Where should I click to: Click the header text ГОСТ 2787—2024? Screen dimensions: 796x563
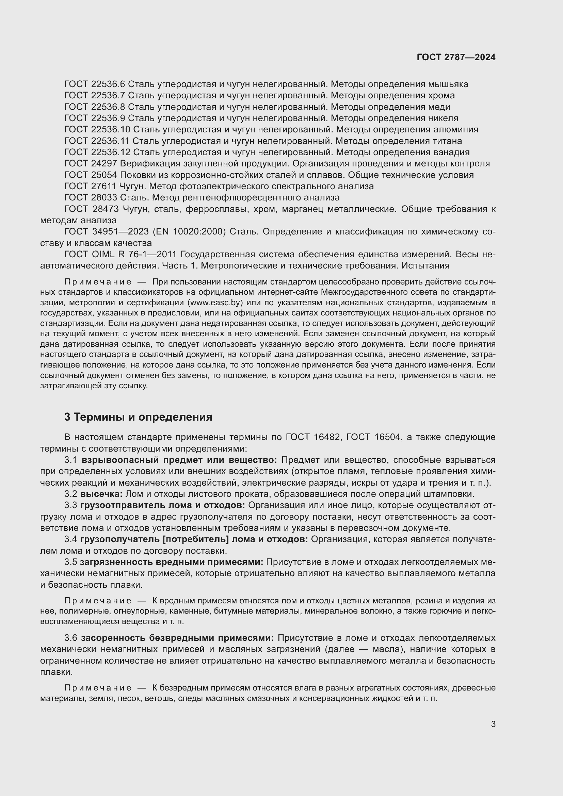(x=456, y=57)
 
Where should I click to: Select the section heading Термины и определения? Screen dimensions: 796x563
(x=143, y=417)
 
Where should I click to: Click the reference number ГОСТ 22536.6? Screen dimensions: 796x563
(x=95, y=84)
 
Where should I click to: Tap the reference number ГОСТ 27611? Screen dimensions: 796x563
(x=91, y=186)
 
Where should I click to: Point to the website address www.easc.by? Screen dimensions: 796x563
(x=214, y=302)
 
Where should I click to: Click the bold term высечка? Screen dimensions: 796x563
(x=101, y=494)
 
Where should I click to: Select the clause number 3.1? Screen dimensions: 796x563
(x=71, y=460)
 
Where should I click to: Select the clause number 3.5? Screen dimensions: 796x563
(x=71, y=562)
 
